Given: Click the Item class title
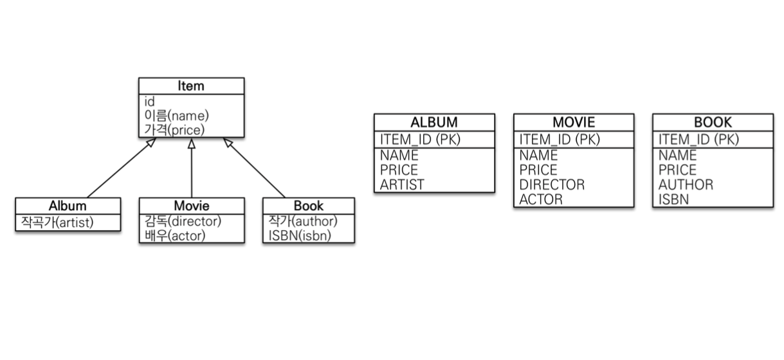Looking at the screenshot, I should [191, 86].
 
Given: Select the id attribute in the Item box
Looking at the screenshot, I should [150, 102].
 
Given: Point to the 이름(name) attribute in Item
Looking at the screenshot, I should [177, 116].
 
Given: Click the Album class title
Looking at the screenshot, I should [68, 206].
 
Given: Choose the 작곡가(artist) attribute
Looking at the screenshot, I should [57, 222].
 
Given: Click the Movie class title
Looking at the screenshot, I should [192, 206].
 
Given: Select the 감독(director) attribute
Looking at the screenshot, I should [183, 221].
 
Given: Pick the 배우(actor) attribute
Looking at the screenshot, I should [176, 235].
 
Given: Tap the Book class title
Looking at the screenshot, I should [309, 206].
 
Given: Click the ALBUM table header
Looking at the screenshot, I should [434, 122].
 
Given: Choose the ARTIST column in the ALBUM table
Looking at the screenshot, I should [403, 184].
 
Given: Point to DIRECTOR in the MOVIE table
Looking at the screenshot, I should [552, 184].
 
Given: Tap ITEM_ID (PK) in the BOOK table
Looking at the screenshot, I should [698, 139].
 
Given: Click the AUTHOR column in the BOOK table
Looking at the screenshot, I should [686, 184].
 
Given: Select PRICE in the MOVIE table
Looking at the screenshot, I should [538, 170].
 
